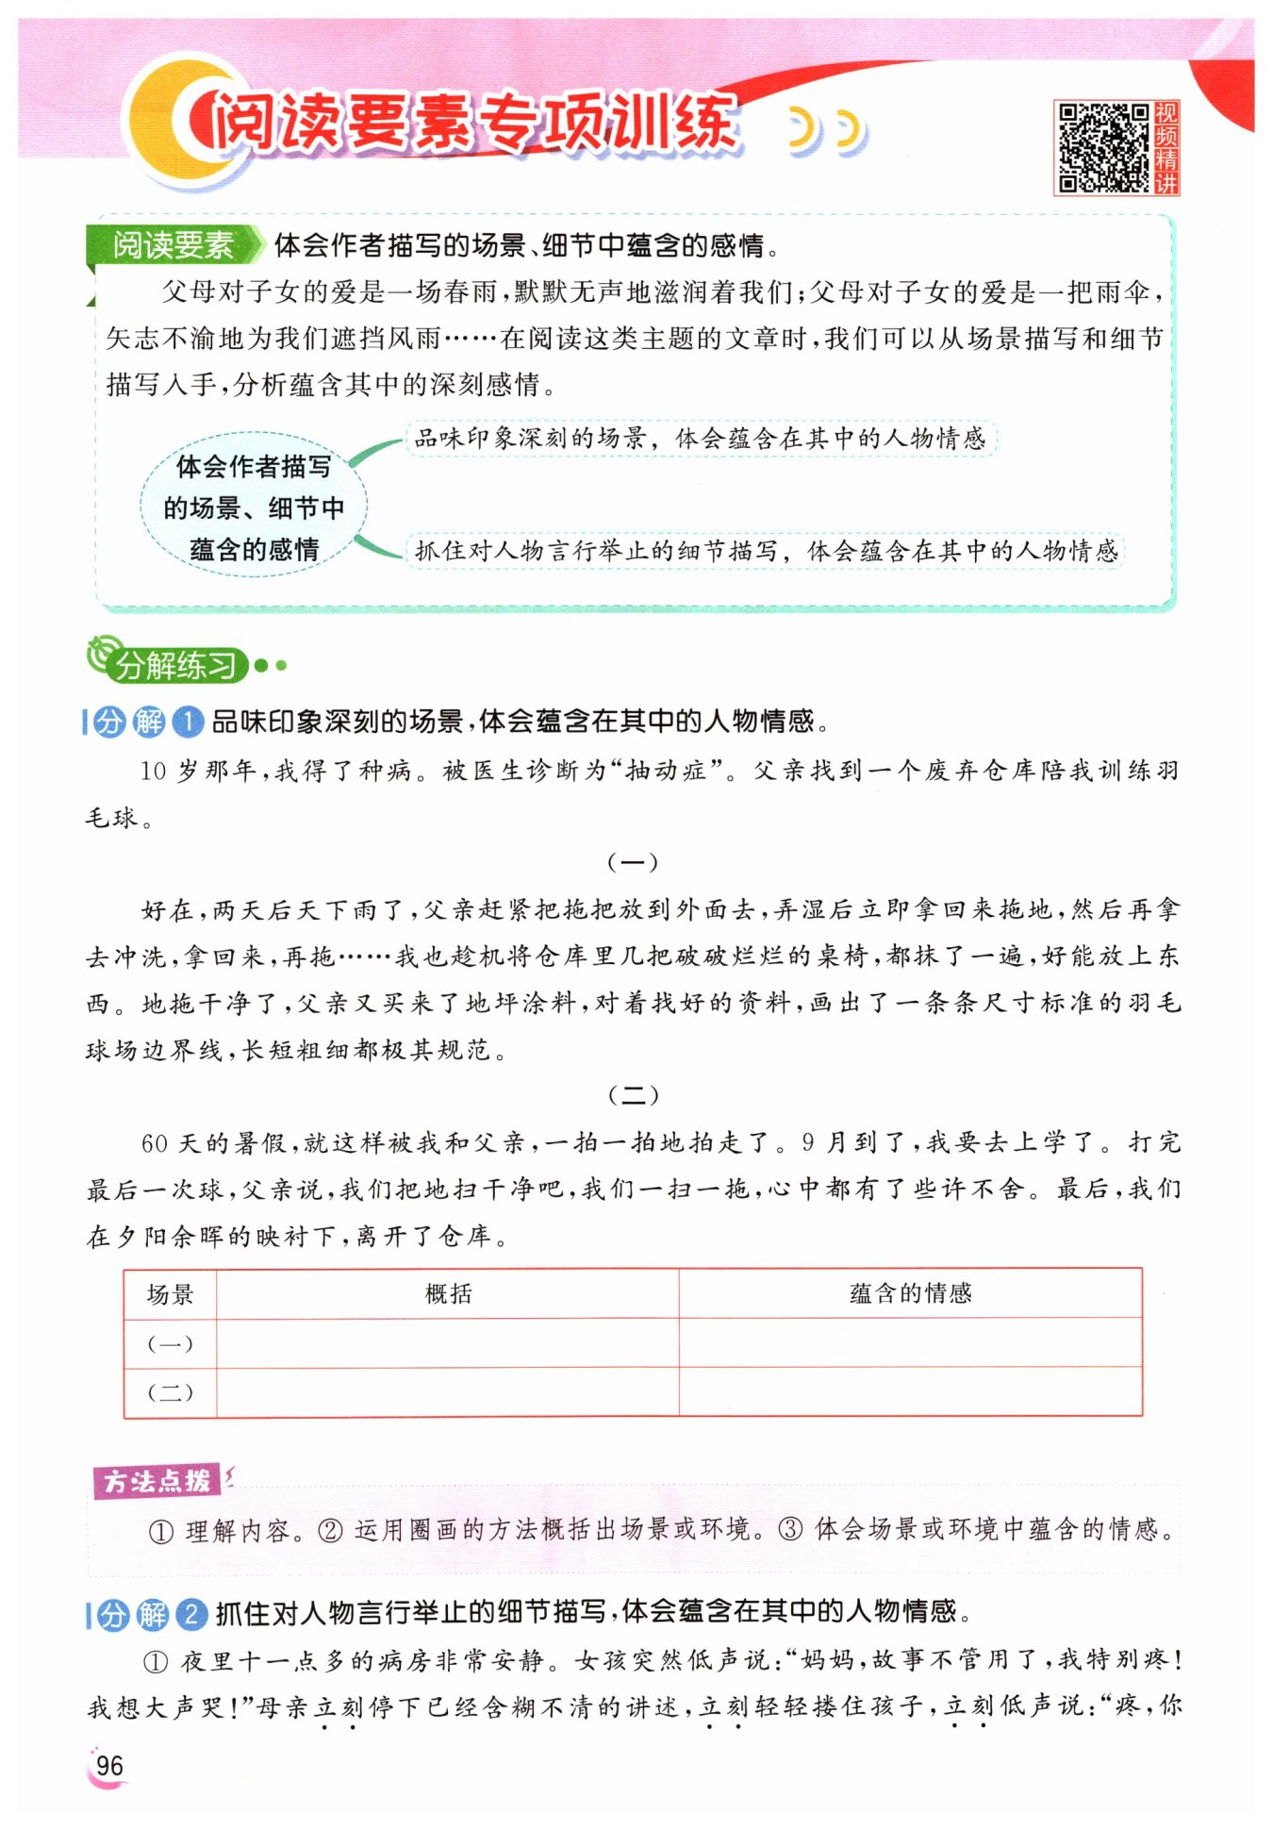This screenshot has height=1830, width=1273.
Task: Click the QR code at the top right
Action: click(1101, 148)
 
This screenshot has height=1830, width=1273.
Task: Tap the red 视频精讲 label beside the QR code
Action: click(1166, 148)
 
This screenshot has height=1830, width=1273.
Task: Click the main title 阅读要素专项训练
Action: click(471, 123)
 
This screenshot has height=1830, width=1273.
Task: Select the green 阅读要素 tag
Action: click(173, 245)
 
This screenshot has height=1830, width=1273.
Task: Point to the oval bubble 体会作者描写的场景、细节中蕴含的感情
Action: click(253, 507)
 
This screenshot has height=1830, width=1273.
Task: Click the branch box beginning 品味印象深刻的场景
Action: click(700, 439)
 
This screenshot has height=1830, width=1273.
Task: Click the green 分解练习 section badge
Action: click(174, 665)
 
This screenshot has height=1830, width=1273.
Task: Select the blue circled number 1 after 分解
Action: click(189, 723)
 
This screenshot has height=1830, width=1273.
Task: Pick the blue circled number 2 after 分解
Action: click(191, 1614)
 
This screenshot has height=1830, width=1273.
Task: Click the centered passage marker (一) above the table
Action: click(633, 861)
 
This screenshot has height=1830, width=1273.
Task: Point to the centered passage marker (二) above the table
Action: click(633, 1094)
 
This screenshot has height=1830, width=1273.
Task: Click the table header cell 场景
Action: click(171, 1294)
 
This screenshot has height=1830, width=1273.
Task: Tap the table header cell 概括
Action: click(448, 1294)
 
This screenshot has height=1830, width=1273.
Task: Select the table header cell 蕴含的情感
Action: click(910, 1294)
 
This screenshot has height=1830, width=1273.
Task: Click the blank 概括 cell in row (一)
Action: click(448, 1343)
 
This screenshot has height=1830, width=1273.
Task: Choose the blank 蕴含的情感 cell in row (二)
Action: click(910, 1392)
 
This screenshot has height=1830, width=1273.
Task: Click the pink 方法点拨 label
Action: click(157, 1481)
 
